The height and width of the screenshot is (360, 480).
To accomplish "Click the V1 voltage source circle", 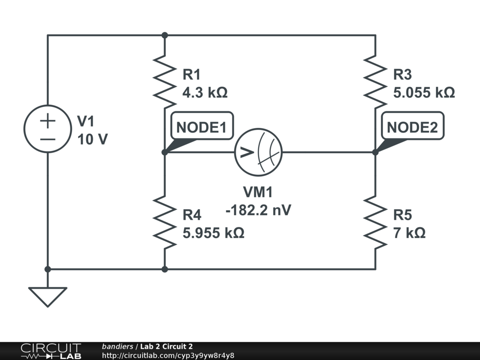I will (47, 128).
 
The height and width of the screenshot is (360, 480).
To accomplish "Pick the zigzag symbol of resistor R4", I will (165, 222).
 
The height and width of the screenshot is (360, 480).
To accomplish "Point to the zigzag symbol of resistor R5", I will (375, 222).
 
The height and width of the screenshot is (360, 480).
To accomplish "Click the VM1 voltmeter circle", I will (258, 152).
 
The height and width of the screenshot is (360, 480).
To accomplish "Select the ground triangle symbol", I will (47, 296).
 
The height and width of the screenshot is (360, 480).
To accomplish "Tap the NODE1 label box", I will (202, 127).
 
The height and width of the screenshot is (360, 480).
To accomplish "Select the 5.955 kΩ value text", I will (213, 232).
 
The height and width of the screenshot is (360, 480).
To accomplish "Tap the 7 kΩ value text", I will (409, 232).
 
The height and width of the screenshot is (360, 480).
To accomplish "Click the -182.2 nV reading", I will (258, 210).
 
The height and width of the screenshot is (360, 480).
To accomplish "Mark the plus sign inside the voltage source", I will (47, 121).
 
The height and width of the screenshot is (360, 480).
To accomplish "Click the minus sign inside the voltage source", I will (47, 139).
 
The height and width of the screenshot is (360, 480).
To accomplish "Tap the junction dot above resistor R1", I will (165, 35).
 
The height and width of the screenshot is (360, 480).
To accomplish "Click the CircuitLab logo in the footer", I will (50, 351).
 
